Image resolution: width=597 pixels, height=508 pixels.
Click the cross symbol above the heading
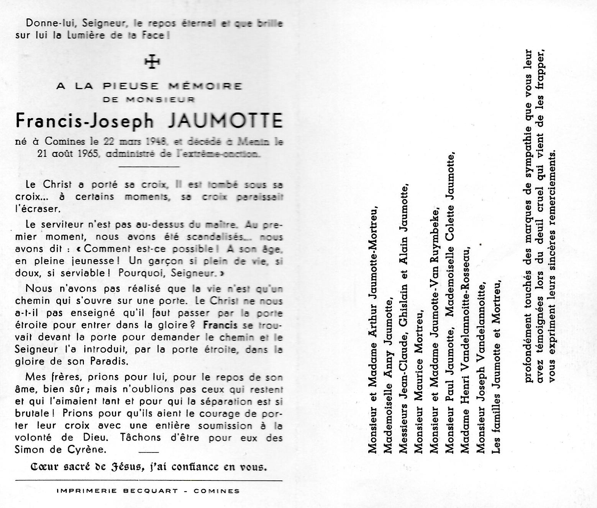[152, 62]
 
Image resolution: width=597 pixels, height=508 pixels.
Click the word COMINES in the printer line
[216, 491]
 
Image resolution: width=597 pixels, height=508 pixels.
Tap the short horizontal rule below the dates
[149, 167]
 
